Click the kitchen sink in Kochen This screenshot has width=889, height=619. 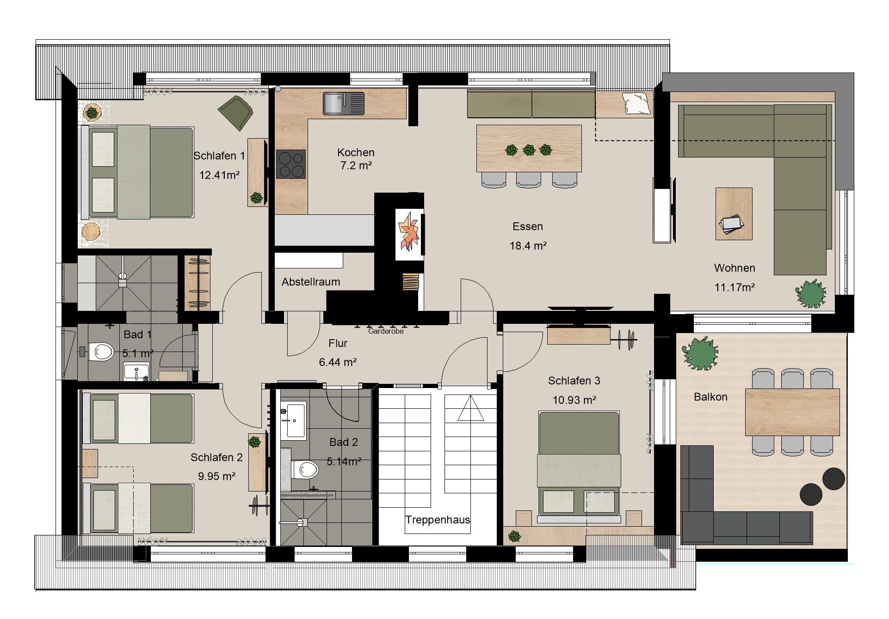click(344, 103)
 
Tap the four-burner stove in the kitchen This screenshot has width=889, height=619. click(291, 164)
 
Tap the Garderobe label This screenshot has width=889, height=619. click(386, 331)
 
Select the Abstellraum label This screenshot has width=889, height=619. click(311, 282)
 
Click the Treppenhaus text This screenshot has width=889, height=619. click(438, 520)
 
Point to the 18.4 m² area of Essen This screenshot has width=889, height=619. click(528, 246)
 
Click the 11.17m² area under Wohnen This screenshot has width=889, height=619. click(735, 287)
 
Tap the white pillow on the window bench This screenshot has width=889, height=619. click(637, 103)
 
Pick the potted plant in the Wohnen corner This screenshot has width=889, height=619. click(810, 293)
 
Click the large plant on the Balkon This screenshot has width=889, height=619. click(701, 353)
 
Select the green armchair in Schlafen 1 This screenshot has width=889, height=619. click(236, 112)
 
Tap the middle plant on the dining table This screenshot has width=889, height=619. click(529, 150)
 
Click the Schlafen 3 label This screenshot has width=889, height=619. click(574, 381)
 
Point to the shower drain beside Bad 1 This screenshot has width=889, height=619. click(123, 276)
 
